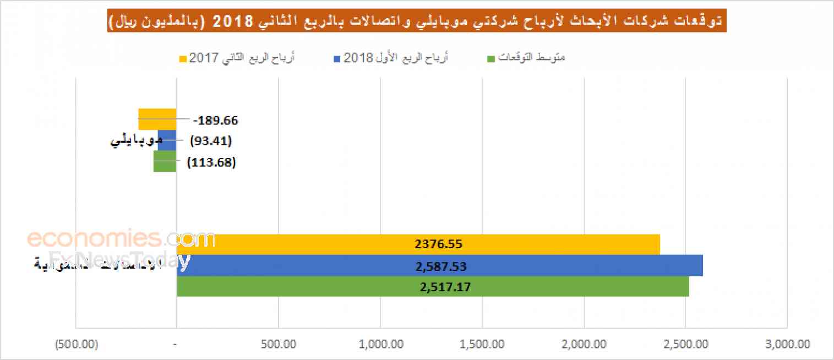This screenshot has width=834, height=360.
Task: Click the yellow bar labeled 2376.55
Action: pos(418,244)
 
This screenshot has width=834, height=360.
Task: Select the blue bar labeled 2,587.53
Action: pos(440,266)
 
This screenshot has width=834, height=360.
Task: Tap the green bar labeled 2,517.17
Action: pos(433,287)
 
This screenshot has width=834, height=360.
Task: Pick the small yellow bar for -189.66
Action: pos(157,119)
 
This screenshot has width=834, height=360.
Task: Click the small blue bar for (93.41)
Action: pos(167,140)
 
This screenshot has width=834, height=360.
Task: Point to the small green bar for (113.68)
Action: pos(165,161)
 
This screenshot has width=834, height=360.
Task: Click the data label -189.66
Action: pos(216,120)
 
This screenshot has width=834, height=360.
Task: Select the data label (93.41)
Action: pos(211,141)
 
